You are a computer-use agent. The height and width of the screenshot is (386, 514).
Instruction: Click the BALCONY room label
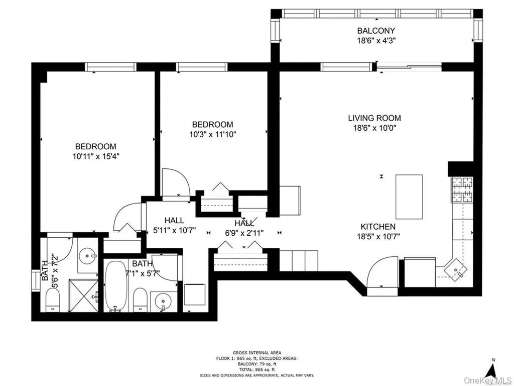tap(376, 31)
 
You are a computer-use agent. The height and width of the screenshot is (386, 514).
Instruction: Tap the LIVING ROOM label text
tap(374, 118)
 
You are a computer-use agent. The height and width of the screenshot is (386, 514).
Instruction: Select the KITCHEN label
tap(378, 227)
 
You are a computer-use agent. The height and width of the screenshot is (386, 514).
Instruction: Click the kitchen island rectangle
tap(409, 197)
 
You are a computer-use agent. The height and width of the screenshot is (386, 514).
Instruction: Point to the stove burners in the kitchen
tap(462, 189)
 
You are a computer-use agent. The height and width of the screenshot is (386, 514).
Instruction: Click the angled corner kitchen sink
tap(456, 270)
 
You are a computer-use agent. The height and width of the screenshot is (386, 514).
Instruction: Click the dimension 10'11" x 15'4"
tap(96, 156)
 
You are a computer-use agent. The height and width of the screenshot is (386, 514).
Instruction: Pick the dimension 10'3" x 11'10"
tap(213, 134)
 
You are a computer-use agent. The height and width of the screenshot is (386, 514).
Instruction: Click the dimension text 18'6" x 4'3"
tap(376, 41)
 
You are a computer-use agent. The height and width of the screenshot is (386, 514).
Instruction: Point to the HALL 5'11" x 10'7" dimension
tap(174, 230)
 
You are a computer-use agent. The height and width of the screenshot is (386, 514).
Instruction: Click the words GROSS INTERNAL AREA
tap(256, 353)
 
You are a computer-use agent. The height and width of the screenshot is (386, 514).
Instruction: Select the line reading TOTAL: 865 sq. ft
tap(256, 369)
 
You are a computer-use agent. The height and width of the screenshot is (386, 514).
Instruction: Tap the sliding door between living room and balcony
tap(409, 67)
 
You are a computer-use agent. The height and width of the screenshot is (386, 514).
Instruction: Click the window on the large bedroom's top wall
tap(110, 67)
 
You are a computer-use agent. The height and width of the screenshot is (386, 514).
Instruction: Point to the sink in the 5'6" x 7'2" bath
tap(87, 255)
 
